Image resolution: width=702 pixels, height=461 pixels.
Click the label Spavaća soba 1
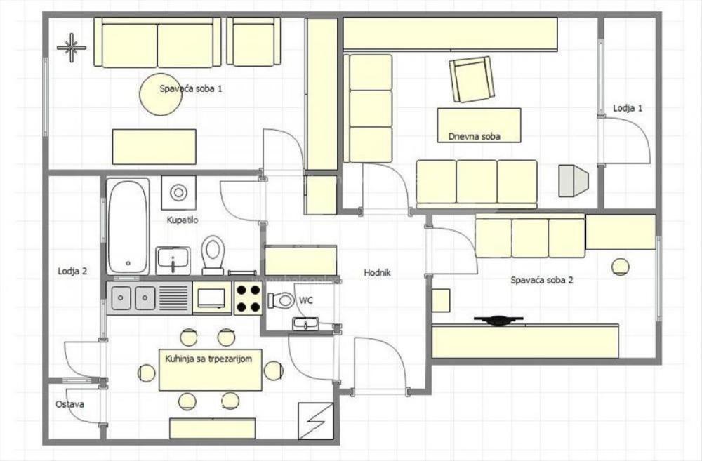click(x=191, y=89)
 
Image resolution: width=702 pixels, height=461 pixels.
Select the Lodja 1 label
click(x=628, y=108)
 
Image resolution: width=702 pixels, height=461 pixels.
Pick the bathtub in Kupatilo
click(x=128, y=227)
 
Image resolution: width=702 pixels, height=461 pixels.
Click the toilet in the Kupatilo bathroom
click(x=213, y=254)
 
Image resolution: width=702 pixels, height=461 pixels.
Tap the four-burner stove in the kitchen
click(x=248, y=298)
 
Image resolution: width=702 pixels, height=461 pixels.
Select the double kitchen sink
click(x=133, y=298)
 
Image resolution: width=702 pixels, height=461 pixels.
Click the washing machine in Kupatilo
click(x=178, y=192)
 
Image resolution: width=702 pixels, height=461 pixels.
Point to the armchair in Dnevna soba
click(x=472, y=79)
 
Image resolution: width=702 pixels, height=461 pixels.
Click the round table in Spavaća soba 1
click(x=161, y=95)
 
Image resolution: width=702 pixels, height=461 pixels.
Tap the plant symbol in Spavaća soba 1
click(x=71, y=48)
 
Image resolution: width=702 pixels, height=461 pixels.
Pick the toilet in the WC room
click(x=282, y=300)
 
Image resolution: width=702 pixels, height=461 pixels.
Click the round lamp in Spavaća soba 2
click(x=620, y=266)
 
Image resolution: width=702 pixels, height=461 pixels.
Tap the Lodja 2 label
click(x=72, y=271)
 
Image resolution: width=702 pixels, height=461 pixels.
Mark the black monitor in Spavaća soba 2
click(x=498, y=321)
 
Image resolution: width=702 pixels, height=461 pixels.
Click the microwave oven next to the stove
click(x=211, y=298)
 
